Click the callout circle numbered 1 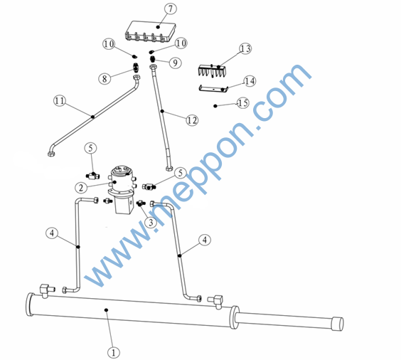pos(114,353)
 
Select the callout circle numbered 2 pos(81,188)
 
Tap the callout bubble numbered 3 pos(151,222)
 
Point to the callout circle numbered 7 pos(171,9)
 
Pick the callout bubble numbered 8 pos(105,78)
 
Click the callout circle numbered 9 pos(175,63)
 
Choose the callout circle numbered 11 pos(60,100)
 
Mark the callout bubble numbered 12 pos(192,120)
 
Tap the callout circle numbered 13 pos(245,48)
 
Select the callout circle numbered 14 pos(250,81)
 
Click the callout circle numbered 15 pos(242,103)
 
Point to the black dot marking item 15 pos(215,106)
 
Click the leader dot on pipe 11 pos(93,117)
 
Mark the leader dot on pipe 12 pos(162,111)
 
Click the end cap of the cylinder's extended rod pos(337,324)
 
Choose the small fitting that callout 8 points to pos(136,68)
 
